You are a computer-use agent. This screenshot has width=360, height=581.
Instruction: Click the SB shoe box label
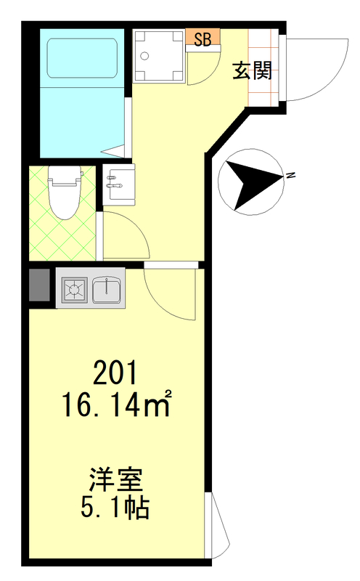pos(202,40)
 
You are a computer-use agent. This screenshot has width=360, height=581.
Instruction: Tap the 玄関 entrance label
pos(253,70)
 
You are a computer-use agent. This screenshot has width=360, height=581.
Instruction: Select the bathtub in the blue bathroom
pos(82,58)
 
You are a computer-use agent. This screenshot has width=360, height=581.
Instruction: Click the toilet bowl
pos(65,192)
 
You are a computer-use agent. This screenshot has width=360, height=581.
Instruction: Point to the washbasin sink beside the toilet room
pos(119,184)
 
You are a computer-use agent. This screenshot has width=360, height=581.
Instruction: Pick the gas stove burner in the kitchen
pos(75,288)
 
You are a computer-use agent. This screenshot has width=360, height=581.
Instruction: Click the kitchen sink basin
pos(106,289)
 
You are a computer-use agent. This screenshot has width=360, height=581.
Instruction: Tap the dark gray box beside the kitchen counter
pos(39,285)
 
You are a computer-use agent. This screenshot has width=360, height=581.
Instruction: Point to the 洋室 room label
pos(115,480)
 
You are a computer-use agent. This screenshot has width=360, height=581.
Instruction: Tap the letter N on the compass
pos(291,175)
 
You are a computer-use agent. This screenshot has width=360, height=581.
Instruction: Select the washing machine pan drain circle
pos(145,56)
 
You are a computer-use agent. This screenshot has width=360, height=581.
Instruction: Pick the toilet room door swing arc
pos(137,226)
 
